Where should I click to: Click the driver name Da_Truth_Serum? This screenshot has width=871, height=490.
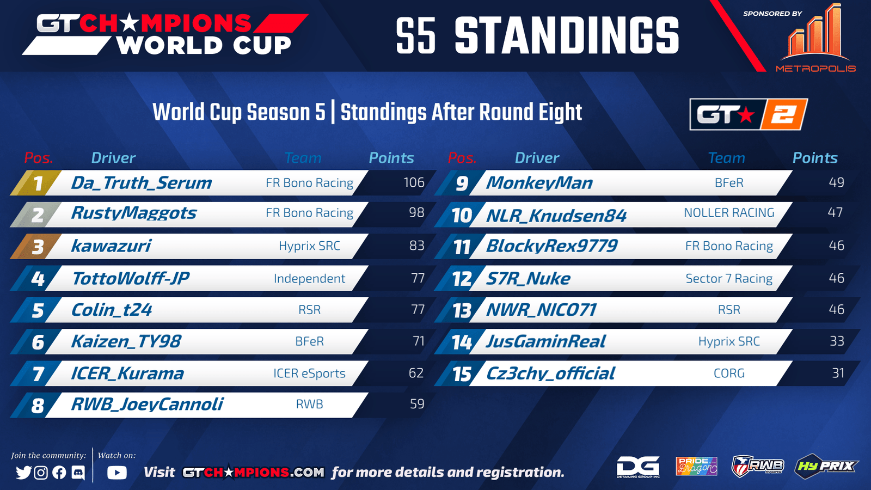(142, 183)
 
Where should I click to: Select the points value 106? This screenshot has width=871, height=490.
(414, 182)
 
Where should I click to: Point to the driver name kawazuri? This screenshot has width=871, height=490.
(111, 246)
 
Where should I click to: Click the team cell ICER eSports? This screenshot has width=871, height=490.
(309, 373)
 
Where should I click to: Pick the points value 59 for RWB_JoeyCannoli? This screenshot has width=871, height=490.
(417, 403)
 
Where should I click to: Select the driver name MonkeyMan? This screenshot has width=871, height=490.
(539, 183)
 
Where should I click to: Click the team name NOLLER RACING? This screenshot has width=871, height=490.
(729, 213)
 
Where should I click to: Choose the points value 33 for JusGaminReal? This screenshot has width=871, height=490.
(837, 341)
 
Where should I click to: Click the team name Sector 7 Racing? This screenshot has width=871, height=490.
(729, 278)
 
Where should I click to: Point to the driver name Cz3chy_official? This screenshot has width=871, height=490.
(550, 373)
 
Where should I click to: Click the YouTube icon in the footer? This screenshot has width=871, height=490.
(117, 473)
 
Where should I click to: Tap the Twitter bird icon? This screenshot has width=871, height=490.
(23, 473)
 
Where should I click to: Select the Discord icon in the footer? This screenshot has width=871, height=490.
(78, 473)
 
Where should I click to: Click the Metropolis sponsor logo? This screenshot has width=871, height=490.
(816, 38)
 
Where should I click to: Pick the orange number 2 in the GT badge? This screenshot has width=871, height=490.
(783, 114)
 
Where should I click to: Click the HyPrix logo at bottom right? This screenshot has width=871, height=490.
(826, 465)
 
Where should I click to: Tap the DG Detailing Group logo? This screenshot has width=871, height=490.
(638, 467)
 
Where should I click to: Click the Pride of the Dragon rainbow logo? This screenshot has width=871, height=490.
(696, 466)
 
